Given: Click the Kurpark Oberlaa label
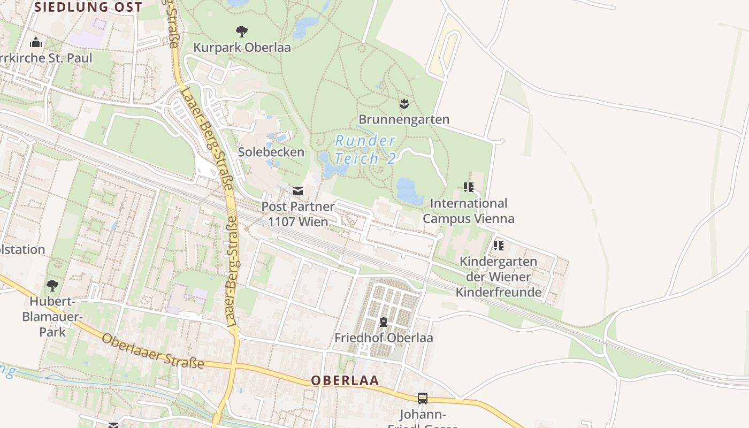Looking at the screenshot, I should [x=242, y=48].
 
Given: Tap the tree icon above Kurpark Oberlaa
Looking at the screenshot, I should [x=242, y=32].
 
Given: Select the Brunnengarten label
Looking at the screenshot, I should [x=404, y=119].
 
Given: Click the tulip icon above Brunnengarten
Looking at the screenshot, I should [x=404, y=103].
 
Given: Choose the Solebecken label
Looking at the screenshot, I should [x=271, y=152].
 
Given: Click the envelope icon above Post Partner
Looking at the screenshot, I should [x=298, y=190].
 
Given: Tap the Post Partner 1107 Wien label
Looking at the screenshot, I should [x=298, y=214].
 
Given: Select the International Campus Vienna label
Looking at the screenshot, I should [x=469, y=211].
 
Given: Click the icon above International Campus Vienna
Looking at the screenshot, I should [x=469, y=187].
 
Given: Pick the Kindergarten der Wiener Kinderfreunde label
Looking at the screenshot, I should [x=499, y=277].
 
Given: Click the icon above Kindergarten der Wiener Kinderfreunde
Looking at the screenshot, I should [x=499, y=246].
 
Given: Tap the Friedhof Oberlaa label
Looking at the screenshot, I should [x=384, y=338].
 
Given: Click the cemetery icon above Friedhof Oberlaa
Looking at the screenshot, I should [x=384, y=322].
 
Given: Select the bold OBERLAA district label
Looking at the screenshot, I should [x=345, y=380].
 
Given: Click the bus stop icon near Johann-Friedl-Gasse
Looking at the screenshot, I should [x=423, y=398].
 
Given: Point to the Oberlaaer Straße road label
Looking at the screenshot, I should [x=153, y=351].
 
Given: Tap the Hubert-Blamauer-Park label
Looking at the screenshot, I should [x=52, y=317].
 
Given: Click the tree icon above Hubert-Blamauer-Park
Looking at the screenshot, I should [x=52, y=285].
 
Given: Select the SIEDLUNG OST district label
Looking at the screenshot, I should [x=89, y=7].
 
